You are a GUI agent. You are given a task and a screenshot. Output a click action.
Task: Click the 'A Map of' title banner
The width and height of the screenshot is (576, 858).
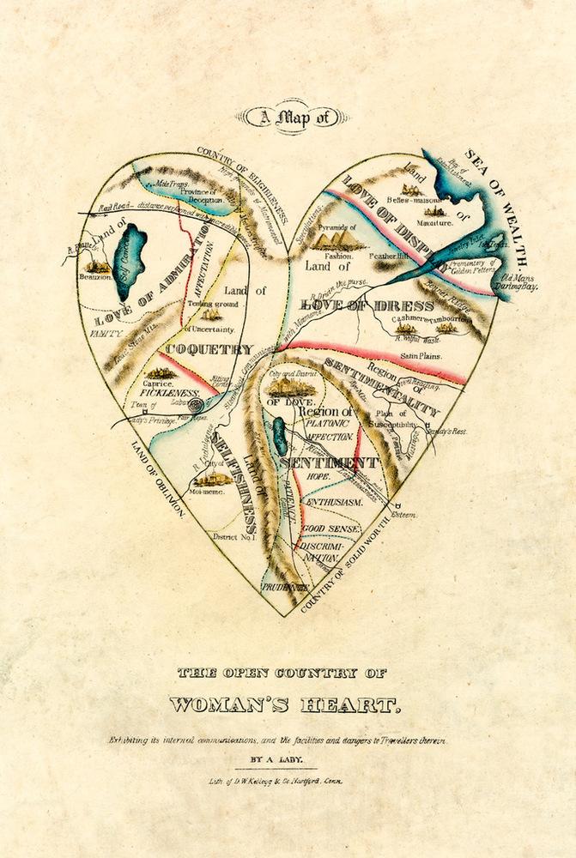point(287,118)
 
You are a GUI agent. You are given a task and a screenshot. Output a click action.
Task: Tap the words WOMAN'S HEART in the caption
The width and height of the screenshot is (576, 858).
point(284,704)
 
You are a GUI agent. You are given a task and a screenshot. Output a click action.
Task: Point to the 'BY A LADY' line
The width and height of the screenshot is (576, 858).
point(287,759)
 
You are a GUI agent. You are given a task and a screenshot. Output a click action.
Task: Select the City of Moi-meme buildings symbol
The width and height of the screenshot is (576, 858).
point(209,462)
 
